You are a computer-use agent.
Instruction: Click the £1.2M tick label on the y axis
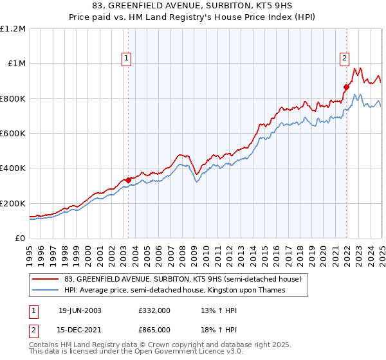12,29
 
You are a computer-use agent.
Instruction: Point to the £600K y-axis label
12,134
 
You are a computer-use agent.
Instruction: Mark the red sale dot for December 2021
346,87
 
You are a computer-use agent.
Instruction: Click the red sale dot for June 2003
128,180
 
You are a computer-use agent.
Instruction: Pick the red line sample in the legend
46,279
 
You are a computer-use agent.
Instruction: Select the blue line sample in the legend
46,291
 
